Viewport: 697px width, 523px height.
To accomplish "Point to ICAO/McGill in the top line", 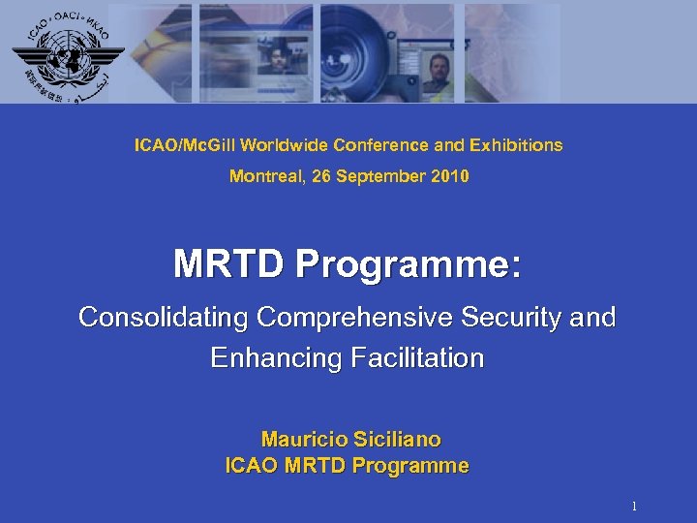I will coord(185,145).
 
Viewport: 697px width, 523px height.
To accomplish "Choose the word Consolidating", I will coord(163,318).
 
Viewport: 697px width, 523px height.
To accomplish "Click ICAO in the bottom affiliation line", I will coord(251,466).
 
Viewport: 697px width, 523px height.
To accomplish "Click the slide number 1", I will coord(634,507).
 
